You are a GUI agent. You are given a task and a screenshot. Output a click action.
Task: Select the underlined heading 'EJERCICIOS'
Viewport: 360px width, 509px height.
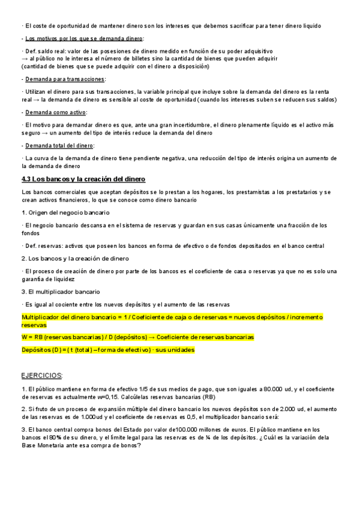pyautogui.click(x=41, y=375)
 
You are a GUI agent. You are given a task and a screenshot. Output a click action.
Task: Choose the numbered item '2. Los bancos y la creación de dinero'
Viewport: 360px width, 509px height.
pyautogui.click(x=75, y=258)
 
